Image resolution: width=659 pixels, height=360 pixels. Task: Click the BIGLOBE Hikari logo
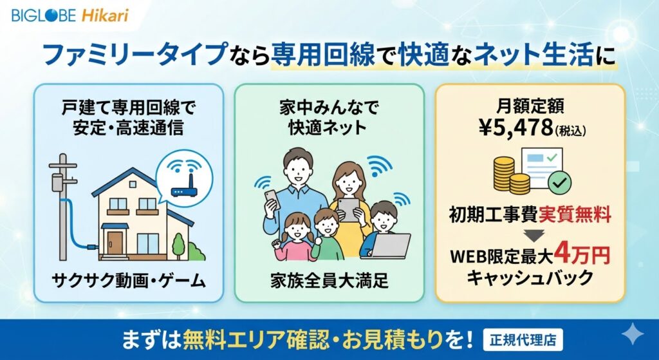click(x=70, y=15)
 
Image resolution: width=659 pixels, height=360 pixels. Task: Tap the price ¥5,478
click(x=516, y=128)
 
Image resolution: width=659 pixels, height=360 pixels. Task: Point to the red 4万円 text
click(x=581, y=254)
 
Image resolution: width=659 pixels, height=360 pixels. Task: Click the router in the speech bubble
click(x=184, y=187)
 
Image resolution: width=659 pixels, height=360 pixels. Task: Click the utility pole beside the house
click(x=62, y=207)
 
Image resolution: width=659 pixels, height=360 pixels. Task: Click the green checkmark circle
click(x=561, y=182)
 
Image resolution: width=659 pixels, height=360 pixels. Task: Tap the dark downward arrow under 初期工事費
click(x=535, y=236)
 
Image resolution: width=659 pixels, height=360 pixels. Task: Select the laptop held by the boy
click(x=390, y=245)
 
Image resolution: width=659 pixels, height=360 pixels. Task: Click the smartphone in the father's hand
click(x=272, y=199)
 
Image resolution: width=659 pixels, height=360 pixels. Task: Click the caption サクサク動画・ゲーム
click(x=129, y=280)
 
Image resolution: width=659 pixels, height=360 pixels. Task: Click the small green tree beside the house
click(x=179, y=245)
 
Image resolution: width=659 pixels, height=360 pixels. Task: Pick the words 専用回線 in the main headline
click(x=322, y=55)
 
